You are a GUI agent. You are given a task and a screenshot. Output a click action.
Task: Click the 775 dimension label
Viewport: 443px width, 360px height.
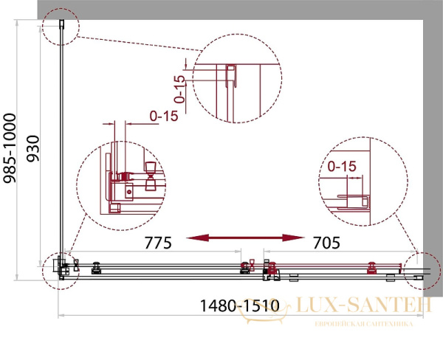point(158,243)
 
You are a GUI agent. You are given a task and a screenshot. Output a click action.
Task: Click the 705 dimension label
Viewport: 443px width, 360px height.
point(326,243)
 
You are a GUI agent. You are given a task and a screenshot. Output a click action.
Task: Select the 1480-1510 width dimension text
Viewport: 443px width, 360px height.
point(239,305)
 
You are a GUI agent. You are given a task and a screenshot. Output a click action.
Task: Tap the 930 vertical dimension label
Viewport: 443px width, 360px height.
point(32,148)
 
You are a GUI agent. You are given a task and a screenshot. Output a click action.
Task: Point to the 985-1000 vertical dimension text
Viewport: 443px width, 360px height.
point(10,148)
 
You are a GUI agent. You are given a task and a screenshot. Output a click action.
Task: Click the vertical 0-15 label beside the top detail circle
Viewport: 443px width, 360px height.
point(179,89)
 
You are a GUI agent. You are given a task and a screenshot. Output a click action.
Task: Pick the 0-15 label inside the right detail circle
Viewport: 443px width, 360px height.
point(342,167)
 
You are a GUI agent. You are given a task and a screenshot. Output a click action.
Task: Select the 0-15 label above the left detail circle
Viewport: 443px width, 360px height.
point(164,116)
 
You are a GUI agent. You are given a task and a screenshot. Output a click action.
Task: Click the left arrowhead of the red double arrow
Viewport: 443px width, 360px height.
point(197,238)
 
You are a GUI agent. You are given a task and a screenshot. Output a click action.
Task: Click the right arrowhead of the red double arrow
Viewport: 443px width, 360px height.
point(293,238)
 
